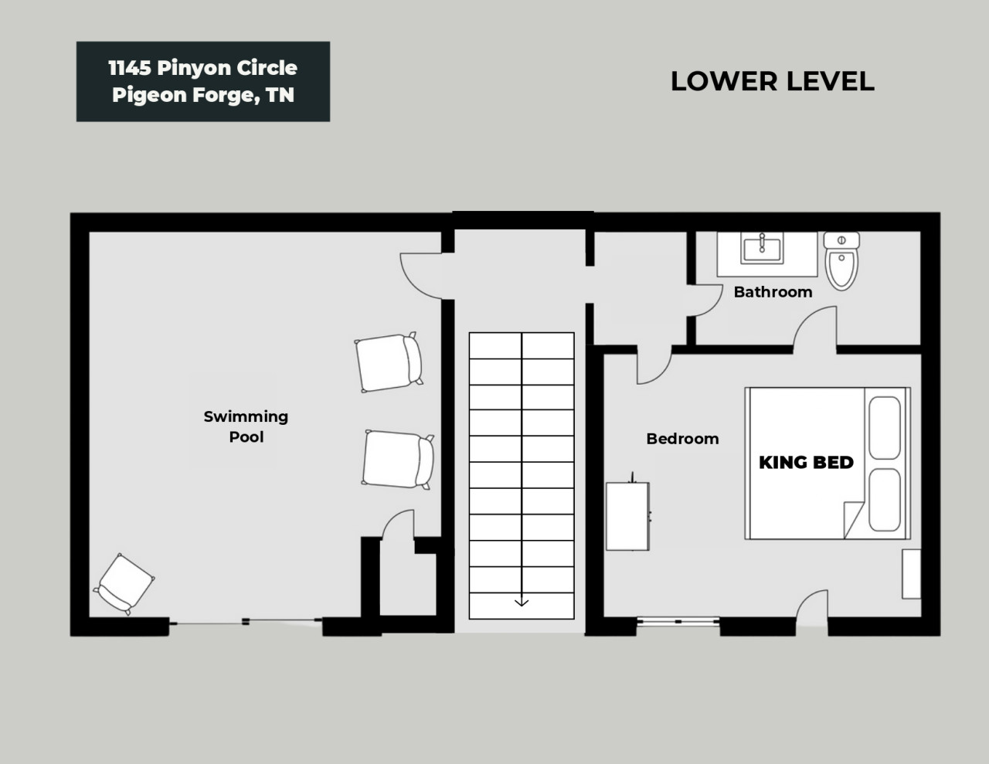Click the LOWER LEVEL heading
(x=773, y=81)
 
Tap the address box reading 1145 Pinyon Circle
(x=203, y=81)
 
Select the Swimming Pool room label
(x=246, y=426)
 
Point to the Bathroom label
(x=773, y=292)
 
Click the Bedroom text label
(x=683, y=439)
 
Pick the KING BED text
(x=806, y=462)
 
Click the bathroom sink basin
(x=762, y=248)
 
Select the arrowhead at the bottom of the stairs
(x=522, y=603)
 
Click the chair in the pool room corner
(x=124, y=584)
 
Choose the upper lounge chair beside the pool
(x=389, y=362)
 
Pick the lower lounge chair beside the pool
(x=398, y=459)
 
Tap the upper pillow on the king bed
(x=885, y=428)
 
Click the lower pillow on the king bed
(x=885, y=500)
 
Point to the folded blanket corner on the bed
(x=852, y=520)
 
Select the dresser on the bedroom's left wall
(x=627, y=516)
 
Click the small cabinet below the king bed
(x=912, y=574)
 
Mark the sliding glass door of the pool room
(x=246, y=621)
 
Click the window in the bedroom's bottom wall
(x=678, y=621)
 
